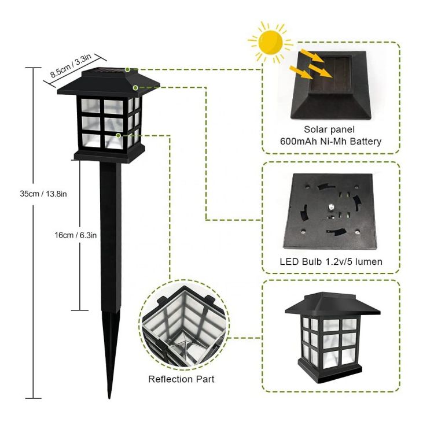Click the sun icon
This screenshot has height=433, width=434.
pyautogui.click(x=270, y=42)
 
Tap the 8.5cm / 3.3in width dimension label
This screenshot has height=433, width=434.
pyautogui.click(x=70, y=65)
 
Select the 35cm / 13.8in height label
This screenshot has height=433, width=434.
pyautogui.click(x=43, y=194)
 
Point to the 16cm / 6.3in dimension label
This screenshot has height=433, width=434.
pyautogui.click(x=76, y=235)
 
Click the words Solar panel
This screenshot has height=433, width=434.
pyautogui.click(x=329, y=129)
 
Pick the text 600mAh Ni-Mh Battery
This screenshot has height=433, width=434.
pyautogui.click(x=331, y=141)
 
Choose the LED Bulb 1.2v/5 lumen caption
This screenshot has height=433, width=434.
pyautogui.click(x=331, y=261)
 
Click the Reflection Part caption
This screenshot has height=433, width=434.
pyautogui.click(x=181, y=379)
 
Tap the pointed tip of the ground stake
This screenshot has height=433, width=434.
pyautogui.click(x=109, y=398)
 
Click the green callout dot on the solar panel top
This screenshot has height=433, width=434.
pyautogui.click(x=127, y=69)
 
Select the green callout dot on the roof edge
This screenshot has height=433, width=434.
pyautogui.click(x=135, y=88)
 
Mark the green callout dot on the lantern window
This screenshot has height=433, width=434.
pyautogui.click(x=118, y=135)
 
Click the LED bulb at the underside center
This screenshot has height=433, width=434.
pyautogui.click(x=331, y=206)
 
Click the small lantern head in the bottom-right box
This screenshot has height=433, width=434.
pyautogui.click(x=332, y=338)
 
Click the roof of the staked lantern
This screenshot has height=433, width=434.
pyautogui.click(x=108, y=83)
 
